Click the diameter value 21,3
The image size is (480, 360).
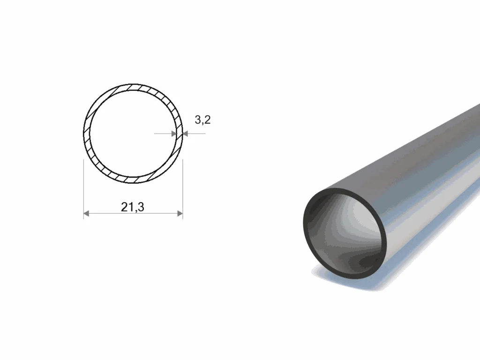click(x=133, y=207)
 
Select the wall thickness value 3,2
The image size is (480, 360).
click(x=202, y=120)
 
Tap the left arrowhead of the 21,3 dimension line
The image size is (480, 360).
click(x=86, y=213)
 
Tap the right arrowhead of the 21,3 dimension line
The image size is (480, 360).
click(x=180, y=213)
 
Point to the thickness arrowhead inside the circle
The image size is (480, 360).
click(x=174, y=134)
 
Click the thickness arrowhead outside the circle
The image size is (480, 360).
click(x=185, y=134)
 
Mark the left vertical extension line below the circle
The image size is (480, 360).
click(x=83, y=188)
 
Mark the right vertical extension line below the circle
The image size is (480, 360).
click(x=183, y=188)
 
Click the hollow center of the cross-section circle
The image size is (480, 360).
click(x=133, y=134)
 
